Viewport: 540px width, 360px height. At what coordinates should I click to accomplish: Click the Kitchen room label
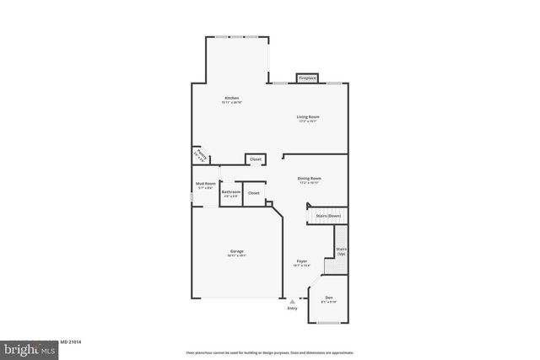(231, 98)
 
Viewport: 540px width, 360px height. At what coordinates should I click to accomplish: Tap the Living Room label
(307, 117)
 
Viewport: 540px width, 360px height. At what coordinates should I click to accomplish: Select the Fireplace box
(307, 78)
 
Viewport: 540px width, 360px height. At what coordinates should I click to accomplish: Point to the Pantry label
(201, 155)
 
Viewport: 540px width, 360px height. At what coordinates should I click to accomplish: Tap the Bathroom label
(231, 192)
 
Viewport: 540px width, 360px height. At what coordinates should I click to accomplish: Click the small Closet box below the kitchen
(256, 159)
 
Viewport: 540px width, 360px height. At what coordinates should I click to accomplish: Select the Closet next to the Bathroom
(253, 193)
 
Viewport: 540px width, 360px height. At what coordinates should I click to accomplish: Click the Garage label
(237, 252)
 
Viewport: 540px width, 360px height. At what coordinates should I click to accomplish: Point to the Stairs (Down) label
(328, 216)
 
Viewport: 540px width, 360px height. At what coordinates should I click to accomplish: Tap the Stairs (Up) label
(341, 250)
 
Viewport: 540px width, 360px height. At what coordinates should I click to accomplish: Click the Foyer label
(301, 262)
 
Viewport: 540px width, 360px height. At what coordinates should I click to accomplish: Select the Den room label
(328, 298)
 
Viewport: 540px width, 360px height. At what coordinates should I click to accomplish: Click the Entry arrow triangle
(293, 301)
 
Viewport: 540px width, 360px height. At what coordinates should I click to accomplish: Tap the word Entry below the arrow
(292, 309)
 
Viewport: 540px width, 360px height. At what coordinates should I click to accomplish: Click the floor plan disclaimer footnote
(269, 352)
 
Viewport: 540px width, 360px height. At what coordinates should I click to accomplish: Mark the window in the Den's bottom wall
(328, 324)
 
